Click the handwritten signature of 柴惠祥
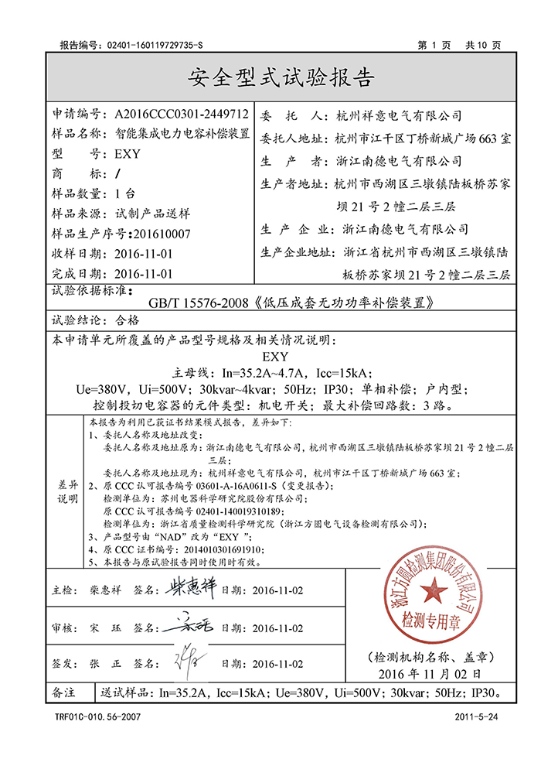191,590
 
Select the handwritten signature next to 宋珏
191,627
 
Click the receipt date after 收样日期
143,253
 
